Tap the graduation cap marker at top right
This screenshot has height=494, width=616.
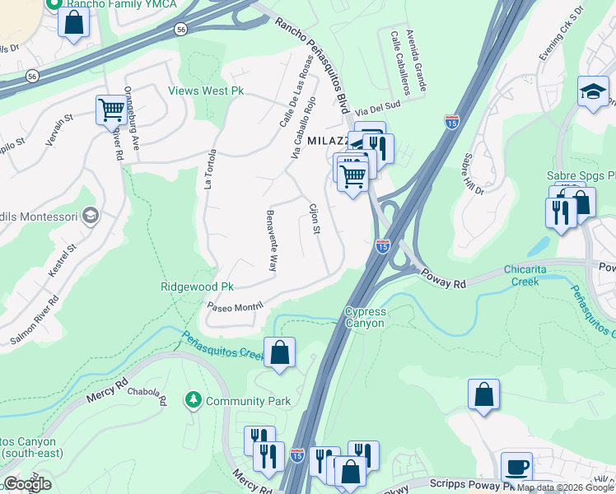593,91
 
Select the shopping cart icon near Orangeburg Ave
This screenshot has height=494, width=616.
110,110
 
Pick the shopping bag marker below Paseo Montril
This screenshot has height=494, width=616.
279,352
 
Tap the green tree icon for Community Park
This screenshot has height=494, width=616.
194,400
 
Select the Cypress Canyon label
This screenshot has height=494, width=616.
364,317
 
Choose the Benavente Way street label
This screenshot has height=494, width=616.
269,241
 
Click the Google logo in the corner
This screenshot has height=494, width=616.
26,484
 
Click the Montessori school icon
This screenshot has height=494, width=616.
90,216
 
